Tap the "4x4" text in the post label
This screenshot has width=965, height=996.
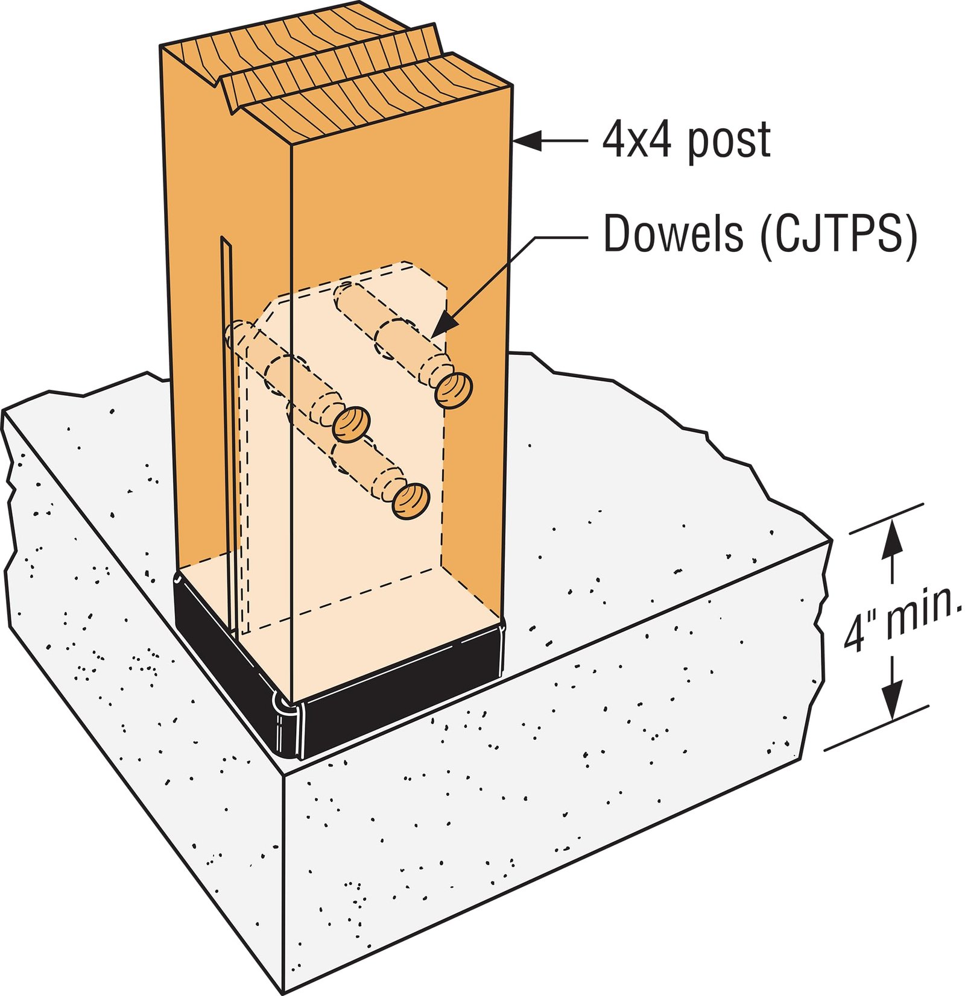(636, 140)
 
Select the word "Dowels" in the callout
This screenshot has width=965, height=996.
(673, 234)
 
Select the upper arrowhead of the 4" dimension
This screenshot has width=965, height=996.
(892, 536)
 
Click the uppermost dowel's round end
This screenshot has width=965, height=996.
(454, 390)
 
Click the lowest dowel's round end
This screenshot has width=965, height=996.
(411, 501)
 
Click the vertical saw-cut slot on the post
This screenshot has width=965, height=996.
(226, 422)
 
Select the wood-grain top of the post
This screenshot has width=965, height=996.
(338, 72)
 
